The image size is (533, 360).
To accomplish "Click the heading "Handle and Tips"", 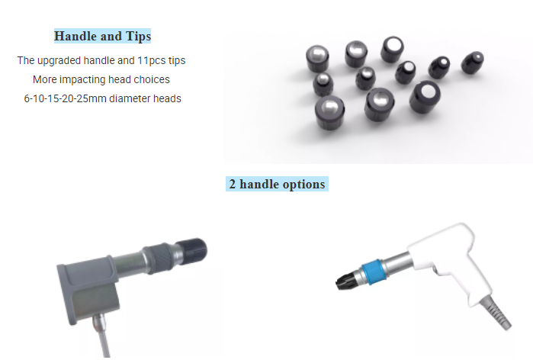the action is click(x=102, y=36).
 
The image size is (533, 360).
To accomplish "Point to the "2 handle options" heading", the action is click(x=277, y=184).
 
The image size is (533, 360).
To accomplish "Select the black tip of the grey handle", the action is click(x=191, y=251).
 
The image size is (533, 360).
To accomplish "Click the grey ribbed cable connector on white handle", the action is click(x=496, y=312).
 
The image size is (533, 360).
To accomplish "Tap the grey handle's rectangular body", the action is click(x=88, y=290).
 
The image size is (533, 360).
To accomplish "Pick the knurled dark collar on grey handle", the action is click(x=160, y=258).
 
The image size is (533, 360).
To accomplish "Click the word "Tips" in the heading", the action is click(x=138, y=37).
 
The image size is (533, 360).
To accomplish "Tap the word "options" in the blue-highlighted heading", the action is click(x=303, y=185).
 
